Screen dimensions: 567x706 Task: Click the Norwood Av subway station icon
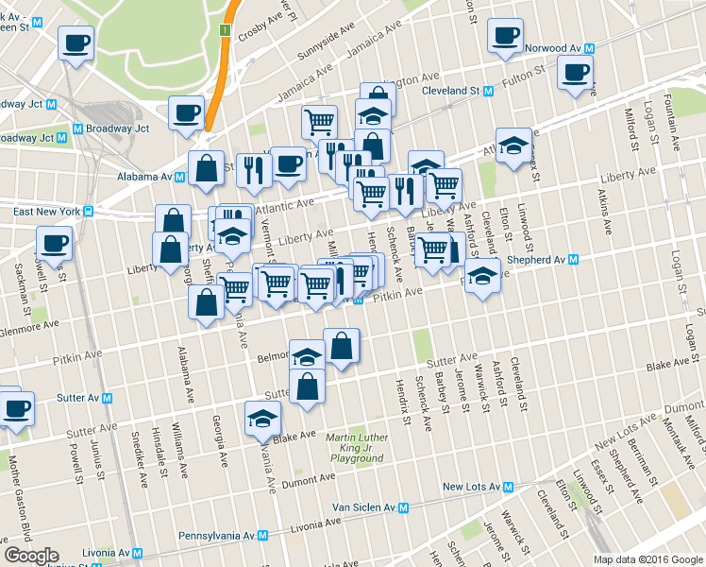pos(588,47)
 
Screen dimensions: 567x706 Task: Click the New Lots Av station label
pos(469,487)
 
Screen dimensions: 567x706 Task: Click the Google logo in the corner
pos(31,556)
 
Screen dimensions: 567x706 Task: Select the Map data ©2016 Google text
pos(648,558)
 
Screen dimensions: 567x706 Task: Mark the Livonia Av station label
pos(99,553)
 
